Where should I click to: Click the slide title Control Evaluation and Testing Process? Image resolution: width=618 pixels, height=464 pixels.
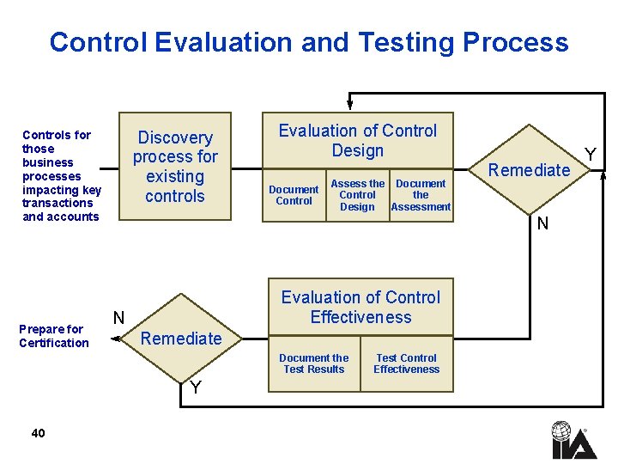click(x=309, y=42)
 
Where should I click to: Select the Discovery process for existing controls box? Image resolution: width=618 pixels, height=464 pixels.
click(x=174, y=167)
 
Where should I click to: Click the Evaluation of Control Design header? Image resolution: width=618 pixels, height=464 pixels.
click(x=357, y=141)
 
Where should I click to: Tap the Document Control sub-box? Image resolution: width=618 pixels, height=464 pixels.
click(x=294, y=195)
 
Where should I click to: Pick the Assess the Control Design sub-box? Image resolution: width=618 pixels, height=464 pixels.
click(x=357, y=195)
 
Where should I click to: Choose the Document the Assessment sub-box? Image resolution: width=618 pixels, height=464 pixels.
click(x=421, y=195)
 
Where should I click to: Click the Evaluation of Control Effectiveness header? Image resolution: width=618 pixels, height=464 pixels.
click(x=360, y=307)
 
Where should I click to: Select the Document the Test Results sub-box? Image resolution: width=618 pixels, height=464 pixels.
click(x=314, y=363)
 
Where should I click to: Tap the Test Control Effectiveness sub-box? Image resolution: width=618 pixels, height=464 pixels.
click(x=406, y=363)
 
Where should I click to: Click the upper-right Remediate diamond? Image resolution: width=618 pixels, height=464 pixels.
click(x=530, y=170)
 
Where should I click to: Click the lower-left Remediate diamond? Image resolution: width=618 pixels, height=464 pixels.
click(x=181, y=339)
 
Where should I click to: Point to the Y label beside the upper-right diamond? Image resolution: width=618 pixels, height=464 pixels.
click(x=590, y=155)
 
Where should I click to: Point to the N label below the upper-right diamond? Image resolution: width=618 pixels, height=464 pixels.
click(x=542, y=225)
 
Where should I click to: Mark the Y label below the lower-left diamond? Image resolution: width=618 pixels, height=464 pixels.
click(x=196, y=388)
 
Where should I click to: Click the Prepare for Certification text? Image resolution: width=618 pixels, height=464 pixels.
click(x=53, y=336)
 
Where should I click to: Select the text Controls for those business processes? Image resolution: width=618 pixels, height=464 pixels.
click(x=61, y=175)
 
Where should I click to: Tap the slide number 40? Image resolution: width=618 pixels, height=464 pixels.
click(x=38, y=433)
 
